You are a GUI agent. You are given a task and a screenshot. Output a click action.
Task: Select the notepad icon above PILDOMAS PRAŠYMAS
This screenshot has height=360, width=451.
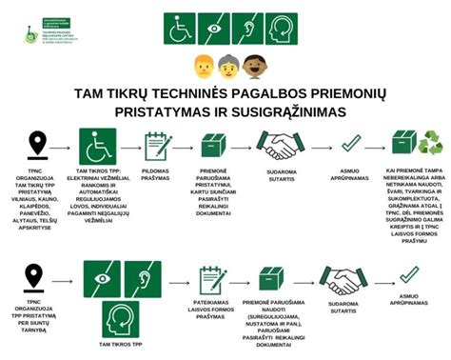[x=157, y=145]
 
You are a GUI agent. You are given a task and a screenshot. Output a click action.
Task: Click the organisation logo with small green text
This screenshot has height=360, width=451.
[x=48, y=29]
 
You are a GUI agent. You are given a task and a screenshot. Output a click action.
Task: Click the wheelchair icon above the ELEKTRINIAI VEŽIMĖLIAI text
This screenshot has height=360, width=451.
[x=96, y=146]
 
